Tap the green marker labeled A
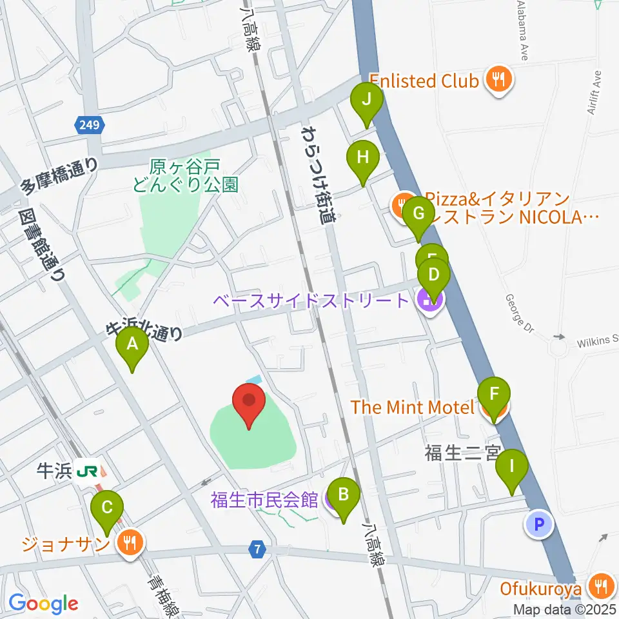(x=132, y=348)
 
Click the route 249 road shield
(x=90, y=125)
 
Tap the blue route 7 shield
(x=257, y=550)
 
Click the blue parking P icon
(x=539, y=524)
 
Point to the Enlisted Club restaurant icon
(x=498, y=80)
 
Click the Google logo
(x=44, y=604)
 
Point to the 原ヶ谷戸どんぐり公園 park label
(x=185, y=176)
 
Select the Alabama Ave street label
(x=523, y=32)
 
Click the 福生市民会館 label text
(x=264, y=500)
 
